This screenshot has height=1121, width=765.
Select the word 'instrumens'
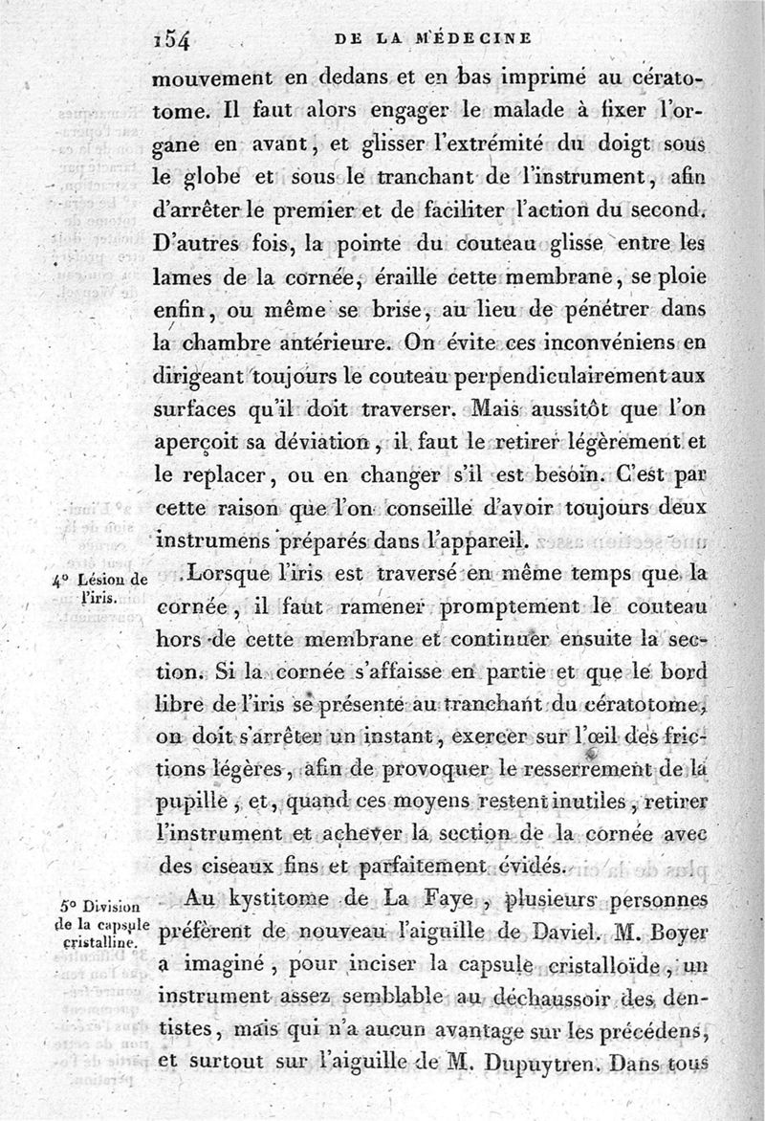pyautogui.click(x=200, y=540)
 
